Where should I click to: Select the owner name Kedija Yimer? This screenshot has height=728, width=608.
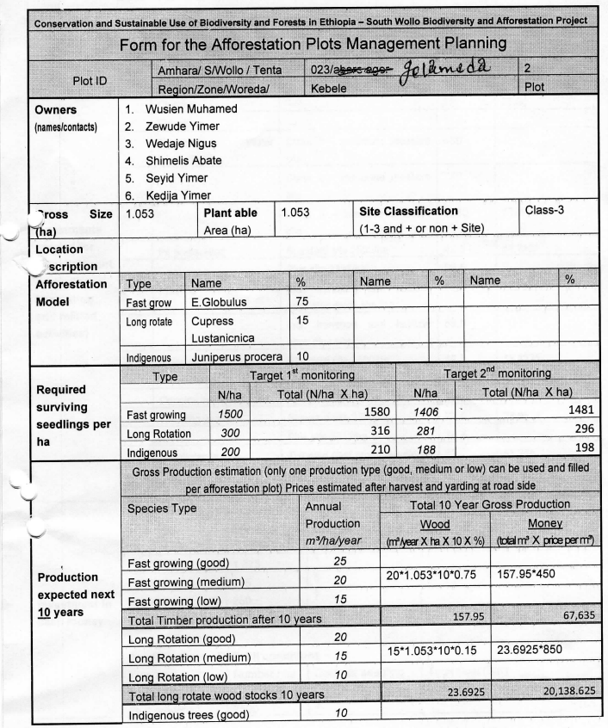click(x=178, y=195)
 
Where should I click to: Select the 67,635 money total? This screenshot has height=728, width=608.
click(x=574, y=616)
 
